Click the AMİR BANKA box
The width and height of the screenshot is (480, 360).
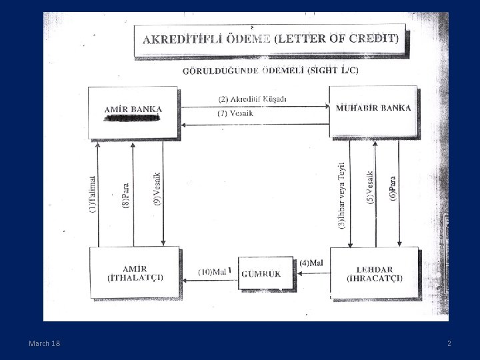[133, 111]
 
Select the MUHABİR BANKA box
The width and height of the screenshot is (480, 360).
[373, 111]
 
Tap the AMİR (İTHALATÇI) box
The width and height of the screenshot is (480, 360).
[135, 272]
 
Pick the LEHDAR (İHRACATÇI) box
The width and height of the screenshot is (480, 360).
[374, 272]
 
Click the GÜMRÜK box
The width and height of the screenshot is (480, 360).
[261, 273]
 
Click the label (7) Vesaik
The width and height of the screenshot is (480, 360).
[236, 113]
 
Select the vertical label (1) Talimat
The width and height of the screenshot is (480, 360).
[92, 194]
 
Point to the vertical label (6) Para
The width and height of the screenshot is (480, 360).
[393, 189]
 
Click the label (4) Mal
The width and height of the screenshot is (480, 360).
[311, 263]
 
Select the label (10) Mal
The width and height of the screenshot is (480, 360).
[214, 272]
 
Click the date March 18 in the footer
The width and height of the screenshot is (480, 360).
[44, 343]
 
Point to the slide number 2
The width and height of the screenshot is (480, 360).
[449, 343]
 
